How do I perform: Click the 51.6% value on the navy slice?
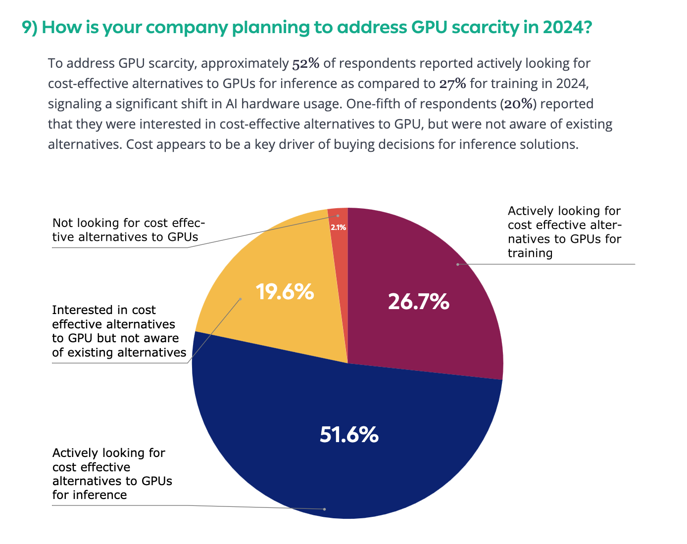[x=349, y=435]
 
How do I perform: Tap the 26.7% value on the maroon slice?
[x=418, y=301]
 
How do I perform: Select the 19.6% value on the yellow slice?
[x=285, y=292]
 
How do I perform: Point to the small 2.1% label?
[x=338, y=228]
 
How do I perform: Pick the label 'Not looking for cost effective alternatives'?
[x=129, y=230]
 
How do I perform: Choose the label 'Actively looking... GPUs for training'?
[x=564, y=232]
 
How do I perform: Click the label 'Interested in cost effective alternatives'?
[x=119, y=331]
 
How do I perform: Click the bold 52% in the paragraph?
[x=305, y=63]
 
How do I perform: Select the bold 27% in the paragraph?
[x=452, y=84]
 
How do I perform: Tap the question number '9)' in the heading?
[x=30, y=28]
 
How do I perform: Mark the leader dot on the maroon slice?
[x=458, y=265]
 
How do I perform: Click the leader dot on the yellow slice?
[x=241, y=299]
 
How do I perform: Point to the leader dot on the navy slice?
[x=325, y=509]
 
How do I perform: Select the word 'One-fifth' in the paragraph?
[x=372, y=104]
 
